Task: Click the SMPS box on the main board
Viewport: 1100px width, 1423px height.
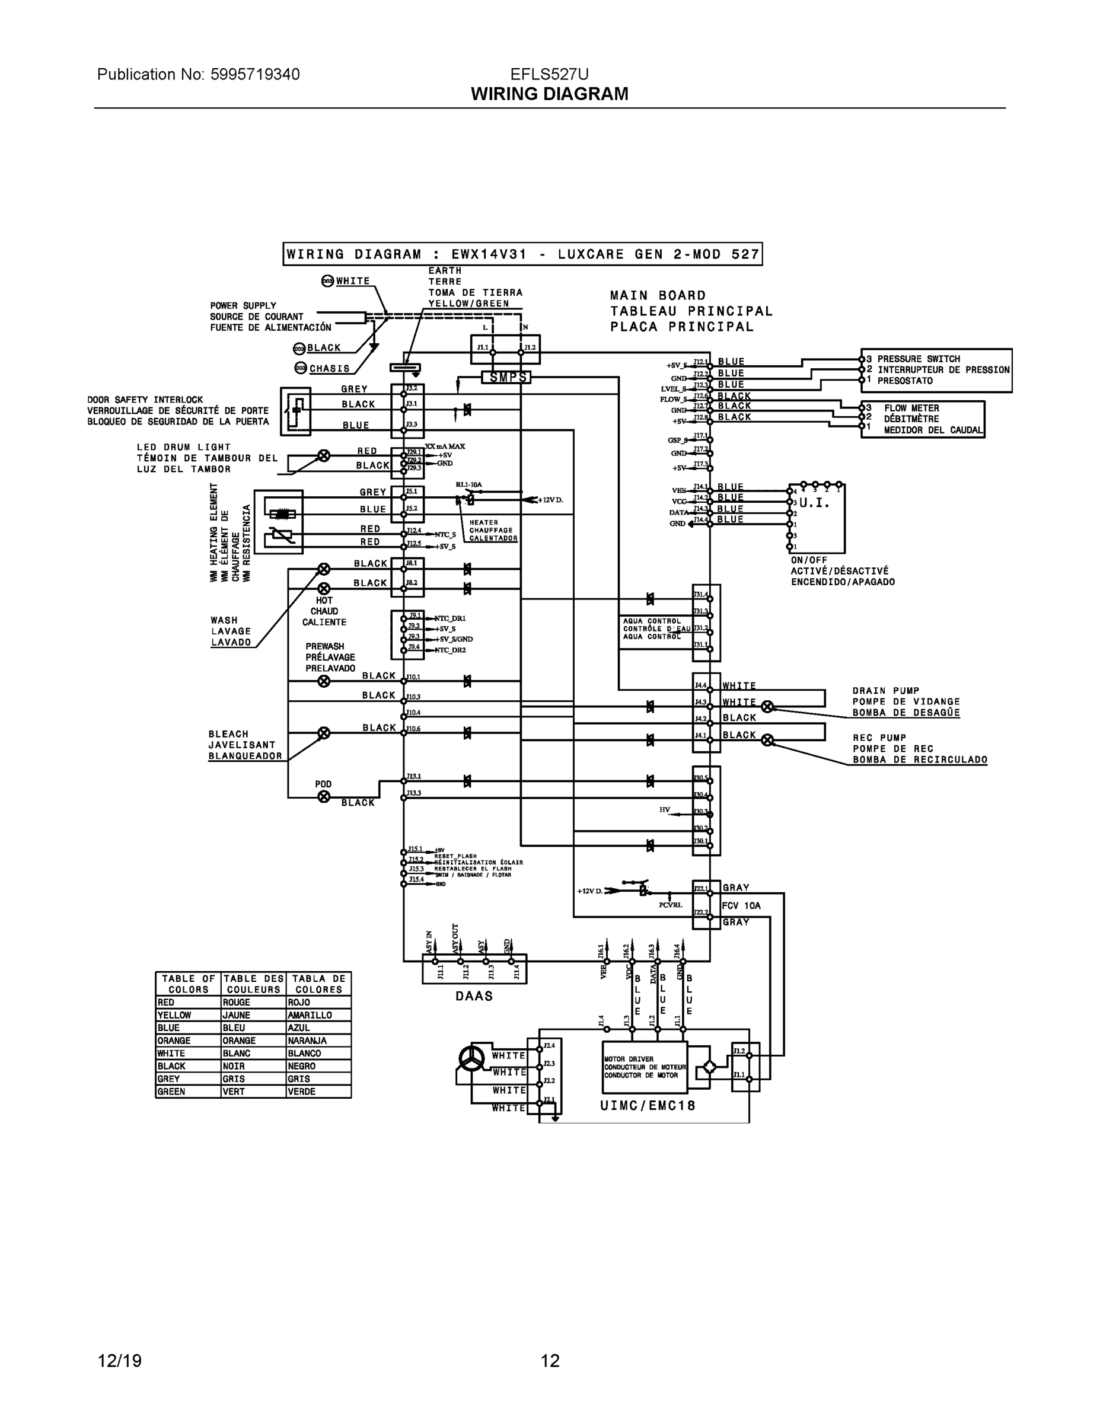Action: [x=506, y=377]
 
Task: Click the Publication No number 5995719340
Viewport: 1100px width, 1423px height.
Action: [x=255, y=74]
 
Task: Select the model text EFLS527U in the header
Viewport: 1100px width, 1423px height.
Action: [x=549, y=74]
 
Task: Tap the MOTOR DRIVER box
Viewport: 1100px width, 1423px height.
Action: [x=644, y=1067]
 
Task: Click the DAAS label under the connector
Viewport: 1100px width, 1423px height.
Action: [x=474, y=996]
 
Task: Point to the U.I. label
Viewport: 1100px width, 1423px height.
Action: [x=814, y=503]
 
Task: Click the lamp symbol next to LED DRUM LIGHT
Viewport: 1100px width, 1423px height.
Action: [x=323, y=455]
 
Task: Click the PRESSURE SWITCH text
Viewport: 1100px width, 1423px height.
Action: [x=918, y=359]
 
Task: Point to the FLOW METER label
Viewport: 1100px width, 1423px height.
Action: [x=911, y=408]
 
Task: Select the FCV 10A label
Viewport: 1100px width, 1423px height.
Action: [x=741, y=905]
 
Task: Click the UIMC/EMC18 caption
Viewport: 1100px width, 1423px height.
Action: [x=647, y=1105]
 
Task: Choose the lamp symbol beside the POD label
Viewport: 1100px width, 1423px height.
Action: [x=323, y=796]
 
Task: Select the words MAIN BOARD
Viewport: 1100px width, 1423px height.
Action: [x=658, y=296]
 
